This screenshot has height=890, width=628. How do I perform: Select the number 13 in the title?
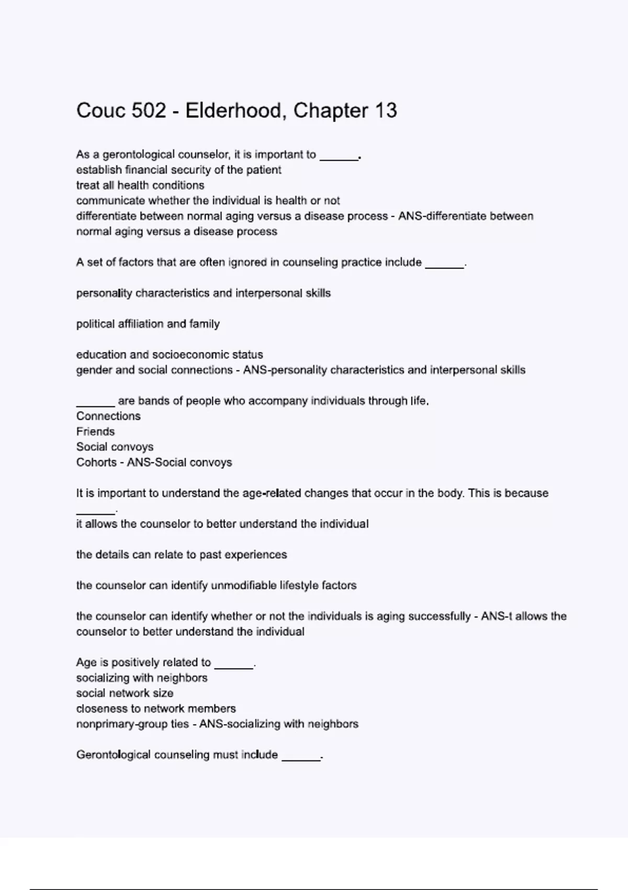click(386, 110)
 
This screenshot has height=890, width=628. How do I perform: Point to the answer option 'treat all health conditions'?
click(140, 185)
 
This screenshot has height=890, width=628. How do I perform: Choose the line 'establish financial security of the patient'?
click(178, 170)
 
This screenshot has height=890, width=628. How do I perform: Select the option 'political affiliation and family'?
click(148, 324)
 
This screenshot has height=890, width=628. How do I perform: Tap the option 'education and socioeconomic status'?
click(170, 354)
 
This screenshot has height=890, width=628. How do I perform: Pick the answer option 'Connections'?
click(108, 416)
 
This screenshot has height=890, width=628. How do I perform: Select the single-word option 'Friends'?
click(95, 431)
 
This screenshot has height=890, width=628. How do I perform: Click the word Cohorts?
click(96, 462)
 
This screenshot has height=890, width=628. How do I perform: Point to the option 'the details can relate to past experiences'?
click(182, 554)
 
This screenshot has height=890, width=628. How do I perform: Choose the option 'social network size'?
click(125, 693)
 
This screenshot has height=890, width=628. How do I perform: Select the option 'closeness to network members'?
click(156, 708)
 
